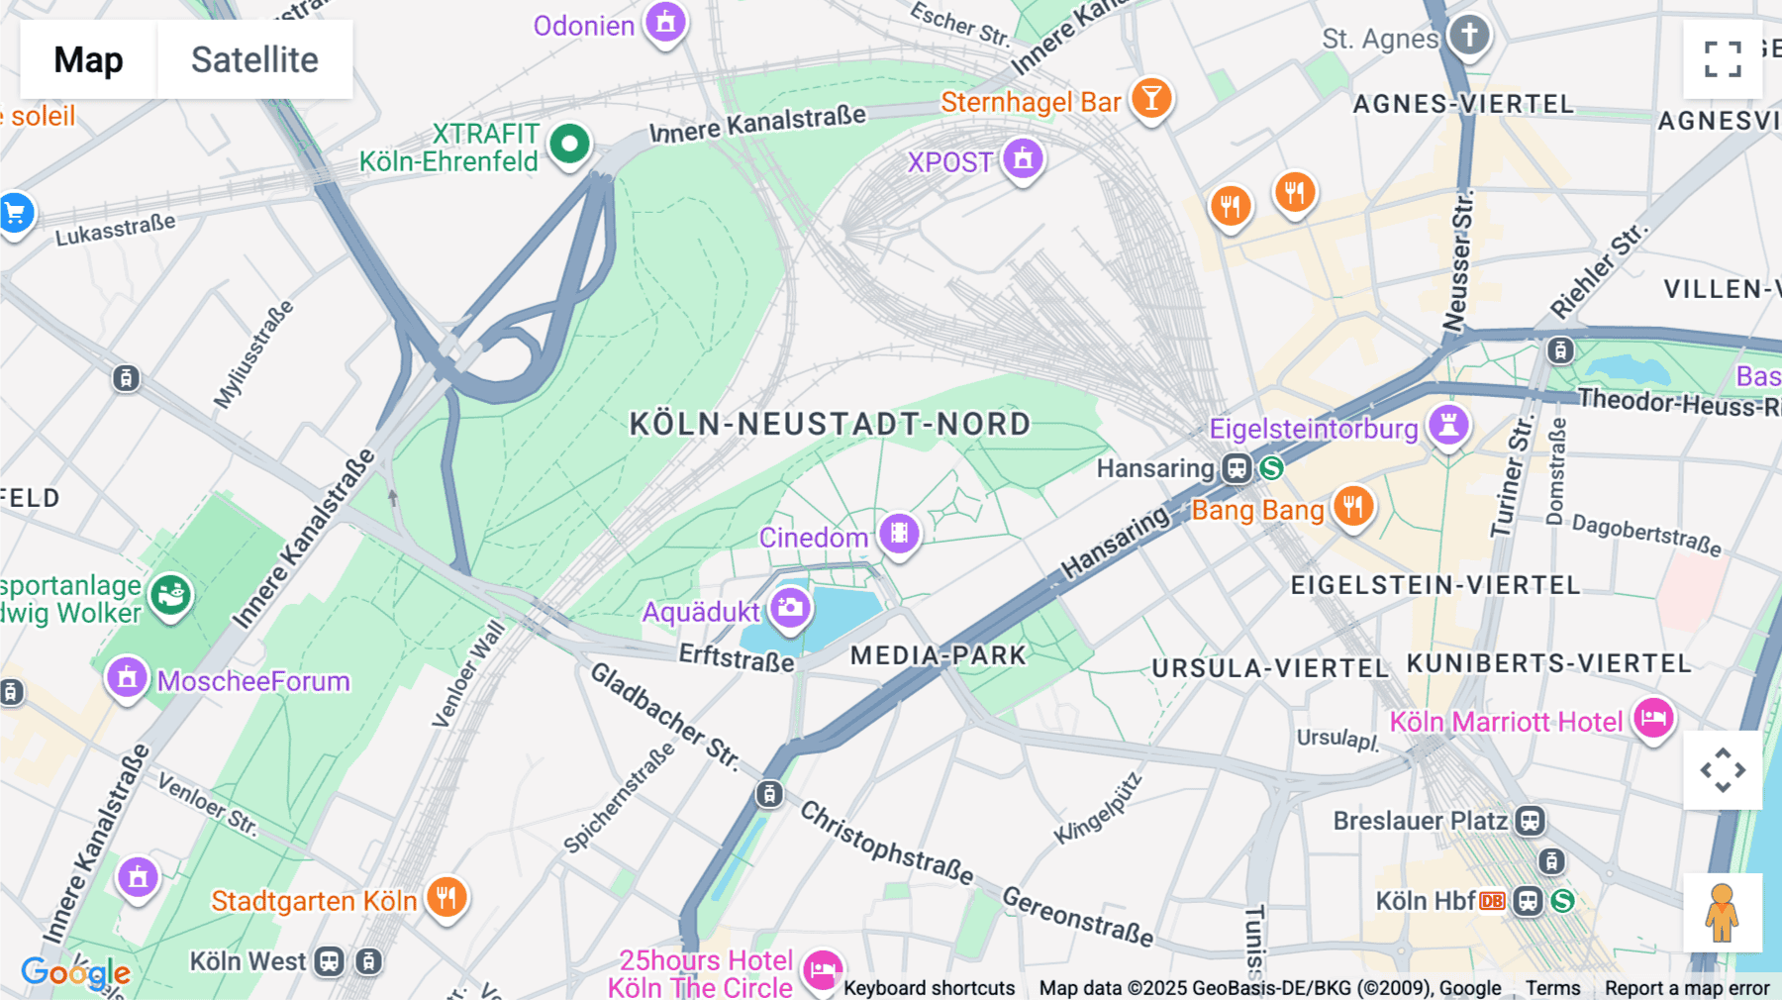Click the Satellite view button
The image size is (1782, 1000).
tap(254, 59)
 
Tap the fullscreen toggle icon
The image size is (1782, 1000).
tap(1723, 59)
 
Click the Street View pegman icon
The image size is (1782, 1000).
tap(1723, 912)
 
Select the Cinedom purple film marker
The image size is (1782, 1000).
tap(899, 534)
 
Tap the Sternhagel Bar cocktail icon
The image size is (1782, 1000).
tap(1150, 98)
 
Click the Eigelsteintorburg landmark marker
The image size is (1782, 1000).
tap(1448, 426)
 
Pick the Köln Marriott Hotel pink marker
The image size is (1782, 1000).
tap(1653, 719)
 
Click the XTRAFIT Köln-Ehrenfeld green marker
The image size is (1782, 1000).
tap(569, 145)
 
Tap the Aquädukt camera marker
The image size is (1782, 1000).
tap(790, 608)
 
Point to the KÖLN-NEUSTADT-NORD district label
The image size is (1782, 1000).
tap(830, 425)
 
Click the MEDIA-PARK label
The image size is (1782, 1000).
tap(939, 655)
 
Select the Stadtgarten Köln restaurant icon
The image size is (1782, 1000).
tap(446, 898)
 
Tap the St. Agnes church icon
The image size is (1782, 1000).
tap(1469, 36)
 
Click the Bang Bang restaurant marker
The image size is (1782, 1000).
tap(1352, 506)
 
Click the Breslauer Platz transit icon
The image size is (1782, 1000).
tap(1530, 821)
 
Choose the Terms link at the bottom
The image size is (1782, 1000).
tap(1552, 987)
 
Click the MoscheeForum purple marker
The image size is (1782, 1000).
tap(127, 678)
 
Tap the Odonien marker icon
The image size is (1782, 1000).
tap(665, 22)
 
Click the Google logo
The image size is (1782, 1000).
tap(75, 972)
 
